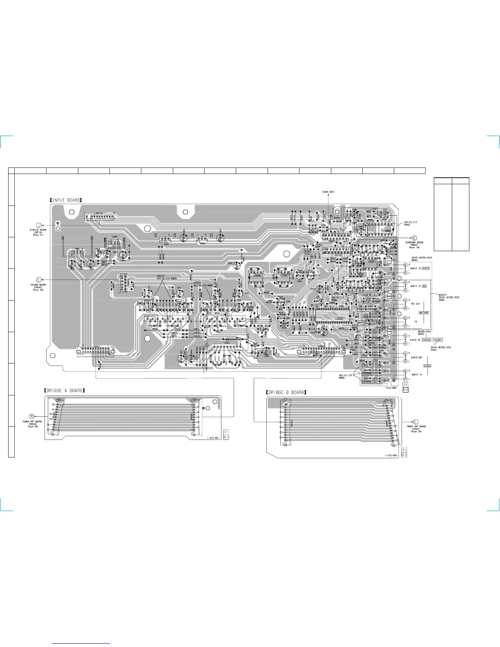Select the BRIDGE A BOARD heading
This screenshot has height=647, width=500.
tap(65, 390)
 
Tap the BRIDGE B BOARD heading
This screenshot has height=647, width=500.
tap(286, 393)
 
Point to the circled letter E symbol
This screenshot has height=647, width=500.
tap(38, 280)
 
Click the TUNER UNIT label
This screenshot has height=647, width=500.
tap(328, 192)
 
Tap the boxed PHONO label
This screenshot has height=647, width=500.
tap(426, 268)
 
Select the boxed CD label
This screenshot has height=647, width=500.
tap(424, 286)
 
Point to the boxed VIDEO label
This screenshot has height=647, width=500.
tap(428, 366)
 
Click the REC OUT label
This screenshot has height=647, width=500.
tap(415, 304)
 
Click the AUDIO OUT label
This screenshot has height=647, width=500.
tap(417, 357)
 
